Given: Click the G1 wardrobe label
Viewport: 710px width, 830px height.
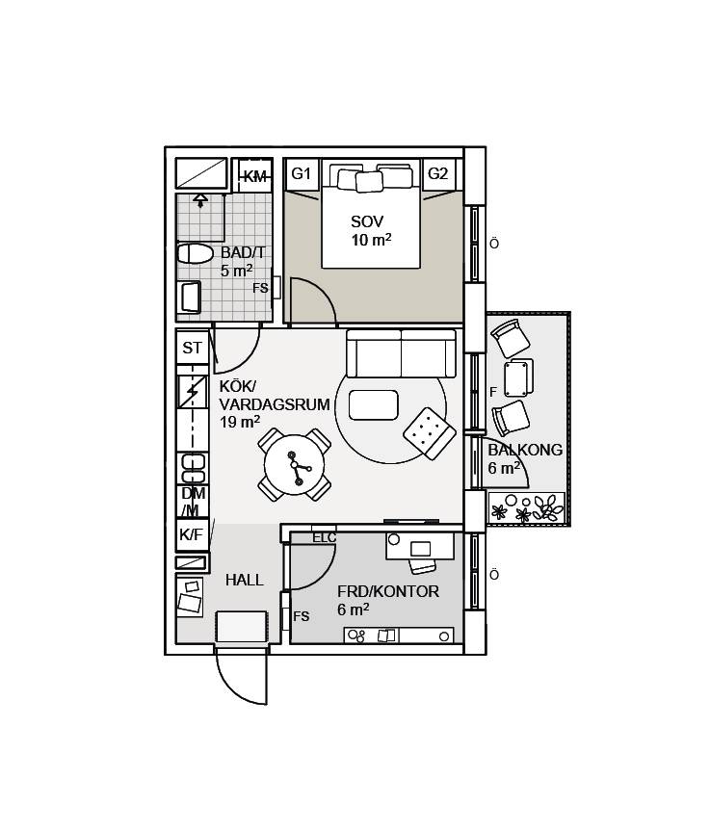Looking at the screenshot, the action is pyautogui.click(x=301, y=173).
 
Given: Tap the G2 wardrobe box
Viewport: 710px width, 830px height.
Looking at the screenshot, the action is pyautogui.click(x=438, y=174).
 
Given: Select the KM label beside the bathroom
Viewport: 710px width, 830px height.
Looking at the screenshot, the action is pyautogui.click(x=255, y=177).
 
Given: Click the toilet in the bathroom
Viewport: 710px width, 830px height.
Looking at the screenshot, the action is pyautogui.click(x=195, y=253).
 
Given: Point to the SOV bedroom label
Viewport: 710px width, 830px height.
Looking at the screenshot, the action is pyautogui.click(x=367, y=221).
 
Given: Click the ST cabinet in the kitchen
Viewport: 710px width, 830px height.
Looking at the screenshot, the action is pyautogui.click(x=193, y=347).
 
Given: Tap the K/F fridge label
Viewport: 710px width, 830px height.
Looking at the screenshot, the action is pyautogui.click(x=191, y=534).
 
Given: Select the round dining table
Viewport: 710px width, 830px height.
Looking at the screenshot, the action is pyautogui.click(x=294, y=465).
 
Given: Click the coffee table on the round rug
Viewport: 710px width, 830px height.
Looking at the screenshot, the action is pyautogui.click(x=373, y=405).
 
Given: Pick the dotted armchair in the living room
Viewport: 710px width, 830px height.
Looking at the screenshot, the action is pyautogui.click(x=430, y=433).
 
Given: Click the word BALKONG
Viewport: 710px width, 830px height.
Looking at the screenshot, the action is pyautogui.click(x=525, y=450).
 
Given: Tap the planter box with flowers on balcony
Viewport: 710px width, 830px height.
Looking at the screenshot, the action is pyautogui.click(x=527, y=508).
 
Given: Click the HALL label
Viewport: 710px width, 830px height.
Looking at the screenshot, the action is pyautogui.click(x=244, y=581).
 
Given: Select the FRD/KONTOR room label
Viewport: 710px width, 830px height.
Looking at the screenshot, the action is pyautogui.click(x=388, y=591).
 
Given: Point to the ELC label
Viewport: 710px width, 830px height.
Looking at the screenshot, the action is pyautogui.click(x=324, y=538).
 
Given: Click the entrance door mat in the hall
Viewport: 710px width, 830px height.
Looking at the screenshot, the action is pyautogui.click(x=241, y=627).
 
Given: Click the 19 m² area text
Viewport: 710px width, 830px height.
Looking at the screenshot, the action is pyautogui.click(x=240, y=422).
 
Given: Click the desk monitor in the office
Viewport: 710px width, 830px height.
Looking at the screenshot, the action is pyautogui.click(x=420, y=549).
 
